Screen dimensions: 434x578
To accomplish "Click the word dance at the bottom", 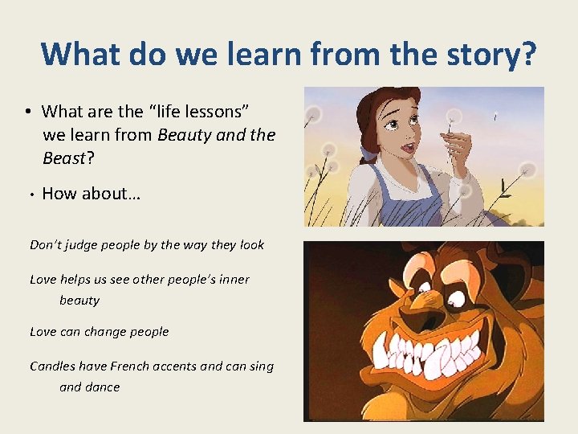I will point(103,387).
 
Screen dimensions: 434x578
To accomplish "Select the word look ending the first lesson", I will point(251,245).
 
